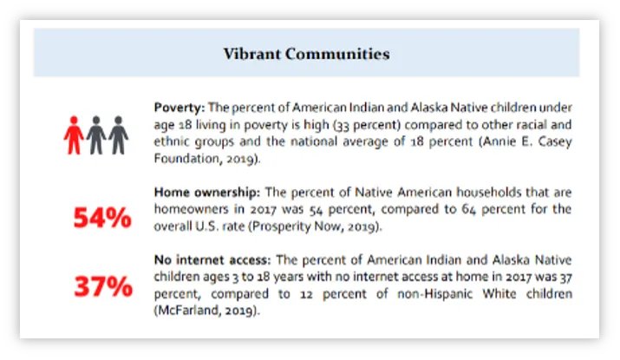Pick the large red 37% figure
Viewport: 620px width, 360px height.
pos(101,286)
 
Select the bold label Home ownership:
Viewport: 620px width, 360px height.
pos(203,191)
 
